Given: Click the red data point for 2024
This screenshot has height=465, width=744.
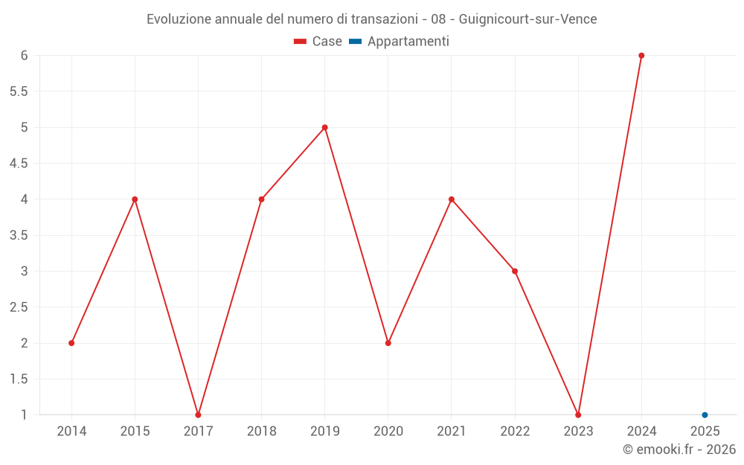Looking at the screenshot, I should pos(641,56).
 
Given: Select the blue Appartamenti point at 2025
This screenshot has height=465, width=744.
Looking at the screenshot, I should pos(705,415).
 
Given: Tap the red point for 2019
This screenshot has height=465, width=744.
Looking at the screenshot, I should pos(325,127).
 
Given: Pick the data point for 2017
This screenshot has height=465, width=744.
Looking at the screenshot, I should pos(198,415).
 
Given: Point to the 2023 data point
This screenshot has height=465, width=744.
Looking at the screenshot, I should pos(578,415).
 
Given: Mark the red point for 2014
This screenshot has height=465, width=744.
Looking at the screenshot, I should pos(71,343).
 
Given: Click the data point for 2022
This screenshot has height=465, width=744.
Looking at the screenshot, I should pos(515,271).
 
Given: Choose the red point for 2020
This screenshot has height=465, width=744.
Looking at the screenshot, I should pos(388,343).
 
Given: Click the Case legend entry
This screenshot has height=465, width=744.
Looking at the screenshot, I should pos(318,42).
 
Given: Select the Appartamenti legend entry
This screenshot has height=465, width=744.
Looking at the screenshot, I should pos(399,42).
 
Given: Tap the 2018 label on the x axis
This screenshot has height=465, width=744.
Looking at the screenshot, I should pos(261,432).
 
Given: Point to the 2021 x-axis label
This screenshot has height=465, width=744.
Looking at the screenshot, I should pos(452,432).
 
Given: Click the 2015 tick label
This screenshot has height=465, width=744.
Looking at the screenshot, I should pos(135,432).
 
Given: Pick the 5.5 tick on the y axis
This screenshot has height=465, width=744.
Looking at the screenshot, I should pos(18,92).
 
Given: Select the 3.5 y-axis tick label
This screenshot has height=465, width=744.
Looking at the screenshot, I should pos(18,235).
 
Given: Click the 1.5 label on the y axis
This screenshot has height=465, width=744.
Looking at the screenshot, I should pos(18,379).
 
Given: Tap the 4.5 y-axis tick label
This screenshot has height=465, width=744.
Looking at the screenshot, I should pos(18,164).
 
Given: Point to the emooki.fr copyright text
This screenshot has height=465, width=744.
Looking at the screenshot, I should pos(679,449).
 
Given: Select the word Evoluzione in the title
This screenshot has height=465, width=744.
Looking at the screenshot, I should pos(179,19).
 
